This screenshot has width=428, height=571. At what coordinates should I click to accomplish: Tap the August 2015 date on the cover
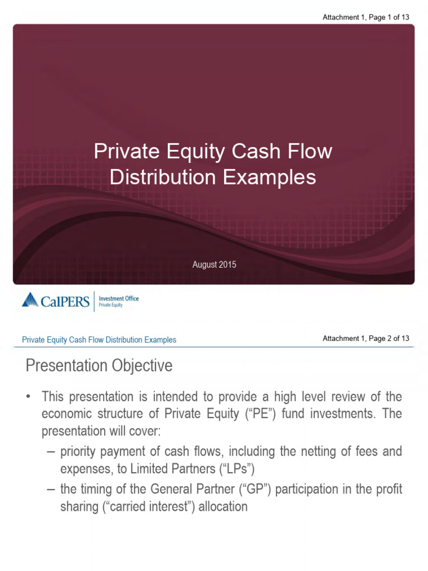(x=214, y=264)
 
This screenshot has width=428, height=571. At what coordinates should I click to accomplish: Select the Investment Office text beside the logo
(x=119, y=298)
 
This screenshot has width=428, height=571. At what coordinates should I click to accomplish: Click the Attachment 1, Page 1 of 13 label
(x=366, y=17)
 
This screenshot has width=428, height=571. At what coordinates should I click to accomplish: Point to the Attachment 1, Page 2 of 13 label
(x=366, y=338)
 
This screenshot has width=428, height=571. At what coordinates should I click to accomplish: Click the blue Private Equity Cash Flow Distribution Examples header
(x=99, y=340)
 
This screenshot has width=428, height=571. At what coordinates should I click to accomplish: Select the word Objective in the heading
(x=141, y=366)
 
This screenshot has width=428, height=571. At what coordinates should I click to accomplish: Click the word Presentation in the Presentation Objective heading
(x=66, y=366)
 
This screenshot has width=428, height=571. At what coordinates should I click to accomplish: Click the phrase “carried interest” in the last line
(x=154, y=507)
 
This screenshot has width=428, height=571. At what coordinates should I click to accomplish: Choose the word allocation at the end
(x=220, y=507)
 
